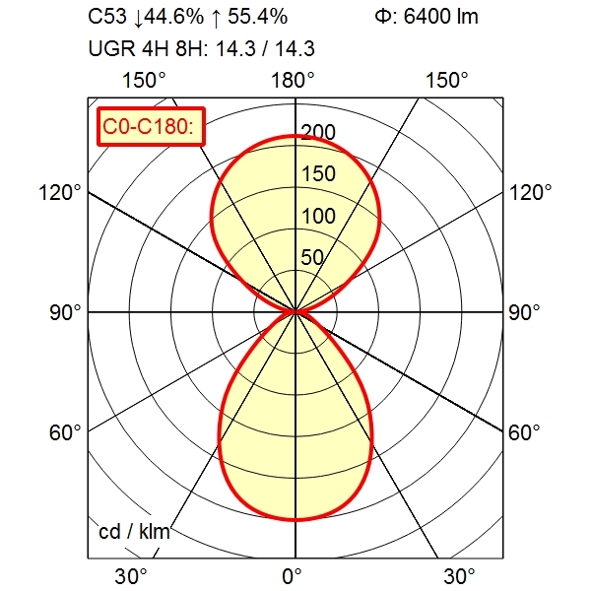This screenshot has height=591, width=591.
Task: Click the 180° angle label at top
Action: (293, 80)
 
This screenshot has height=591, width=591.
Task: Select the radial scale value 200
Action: (319, 133)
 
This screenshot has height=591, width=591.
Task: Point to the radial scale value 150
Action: (319, 175)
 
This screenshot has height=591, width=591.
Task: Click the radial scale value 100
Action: (319, 217)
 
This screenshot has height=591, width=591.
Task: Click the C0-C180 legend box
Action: (151, 125)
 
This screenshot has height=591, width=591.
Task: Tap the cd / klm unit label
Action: (135, 532)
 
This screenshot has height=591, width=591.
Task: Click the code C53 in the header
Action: (108, 17)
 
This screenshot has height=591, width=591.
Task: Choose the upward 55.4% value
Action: (251, 17)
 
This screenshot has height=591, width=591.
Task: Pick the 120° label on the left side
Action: (60, 192)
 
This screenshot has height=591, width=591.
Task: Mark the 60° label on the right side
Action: (524, 432)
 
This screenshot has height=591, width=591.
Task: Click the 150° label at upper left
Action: (144, 80)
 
